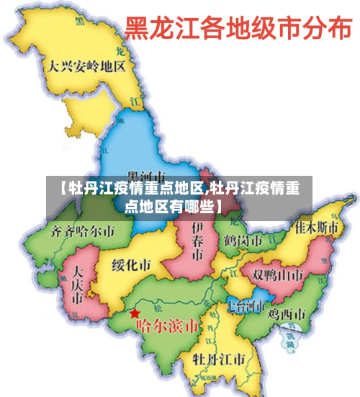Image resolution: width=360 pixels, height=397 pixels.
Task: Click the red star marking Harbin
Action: [x=135, y=314]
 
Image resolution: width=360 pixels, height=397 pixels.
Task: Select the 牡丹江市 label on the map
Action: [x=222, y=359]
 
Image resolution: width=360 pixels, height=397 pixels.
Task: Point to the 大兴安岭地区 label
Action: [x=87, y=66]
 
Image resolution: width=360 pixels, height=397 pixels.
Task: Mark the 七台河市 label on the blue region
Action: [x=246, y=305]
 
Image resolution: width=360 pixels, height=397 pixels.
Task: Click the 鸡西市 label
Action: [x=287, y=314]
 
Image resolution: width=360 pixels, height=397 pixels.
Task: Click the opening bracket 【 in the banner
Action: [x=60, y=189]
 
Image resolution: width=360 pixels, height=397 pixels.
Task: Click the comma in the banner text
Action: [x=207, y=192]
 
